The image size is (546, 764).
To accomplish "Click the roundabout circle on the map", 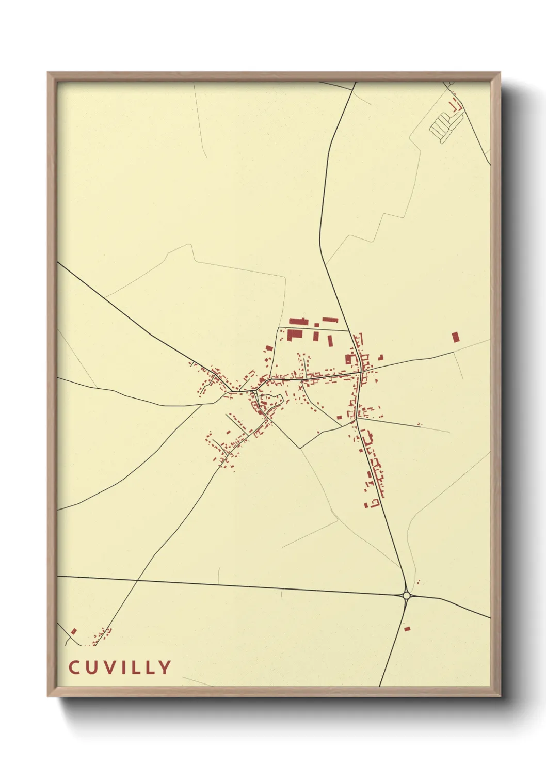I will (x=406, y=595).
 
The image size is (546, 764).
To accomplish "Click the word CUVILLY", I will (x=120, y=667).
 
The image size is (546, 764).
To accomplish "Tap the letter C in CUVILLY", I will (x=74, y=667).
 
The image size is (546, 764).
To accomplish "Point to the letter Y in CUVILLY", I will (x=165, y=667).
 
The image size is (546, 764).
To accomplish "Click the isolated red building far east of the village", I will (x=455, y=337).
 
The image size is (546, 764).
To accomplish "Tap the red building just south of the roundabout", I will (x=407, y=629).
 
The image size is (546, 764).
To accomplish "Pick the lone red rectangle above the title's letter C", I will (x=74, y=631).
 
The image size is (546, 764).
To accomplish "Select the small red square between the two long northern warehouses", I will (x=316, y=325).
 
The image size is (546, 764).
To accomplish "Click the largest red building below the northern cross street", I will (x=294, y=335).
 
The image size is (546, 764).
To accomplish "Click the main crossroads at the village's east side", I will (x=360, y=371).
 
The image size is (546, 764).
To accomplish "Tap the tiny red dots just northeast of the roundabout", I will (x=419, y=582).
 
